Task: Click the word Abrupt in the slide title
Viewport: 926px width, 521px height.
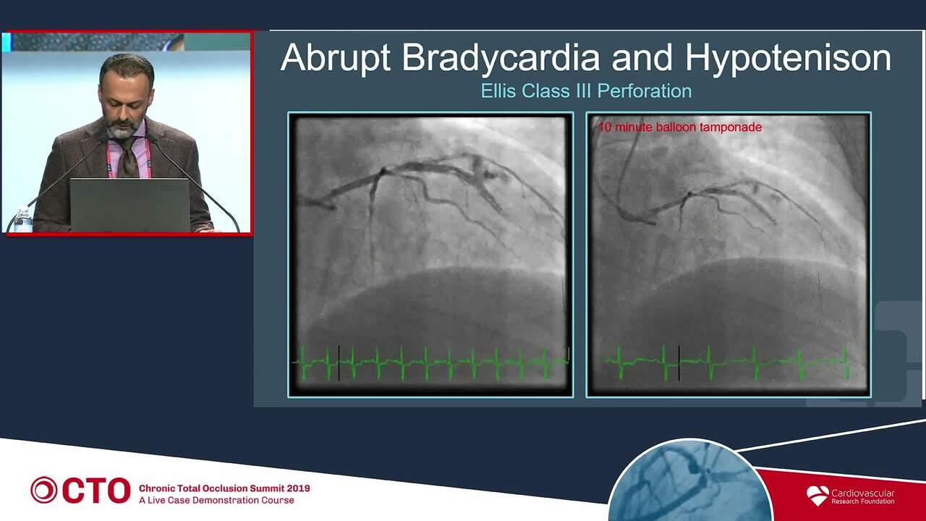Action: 335,58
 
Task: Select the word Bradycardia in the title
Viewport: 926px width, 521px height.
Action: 501,57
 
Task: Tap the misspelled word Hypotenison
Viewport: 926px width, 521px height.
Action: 789,58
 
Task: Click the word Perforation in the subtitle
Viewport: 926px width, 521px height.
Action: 645,91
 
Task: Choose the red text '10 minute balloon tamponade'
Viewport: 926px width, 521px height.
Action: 680,127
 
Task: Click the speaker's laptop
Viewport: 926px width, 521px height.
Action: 130,205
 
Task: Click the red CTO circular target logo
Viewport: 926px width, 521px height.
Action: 44,490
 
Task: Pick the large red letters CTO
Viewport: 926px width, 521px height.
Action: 97,491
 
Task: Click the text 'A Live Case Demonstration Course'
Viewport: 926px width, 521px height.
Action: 216,500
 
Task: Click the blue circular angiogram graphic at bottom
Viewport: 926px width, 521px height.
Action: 689,482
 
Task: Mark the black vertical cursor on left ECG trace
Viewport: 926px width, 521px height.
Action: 339,363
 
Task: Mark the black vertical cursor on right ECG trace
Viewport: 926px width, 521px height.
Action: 679,363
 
